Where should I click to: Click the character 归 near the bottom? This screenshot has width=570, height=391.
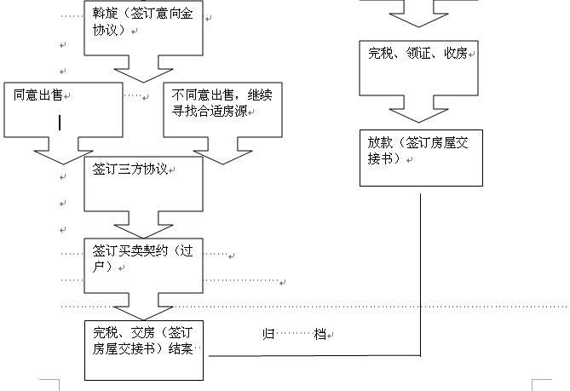tap(267, 335)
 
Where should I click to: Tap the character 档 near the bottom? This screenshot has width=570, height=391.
tap(320, 335)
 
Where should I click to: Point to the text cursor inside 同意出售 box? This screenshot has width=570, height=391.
tap(60, 123)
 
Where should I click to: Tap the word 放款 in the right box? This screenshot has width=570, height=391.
tap(381, 142)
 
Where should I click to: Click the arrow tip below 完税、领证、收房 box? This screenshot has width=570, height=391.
tap(419, 122)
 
